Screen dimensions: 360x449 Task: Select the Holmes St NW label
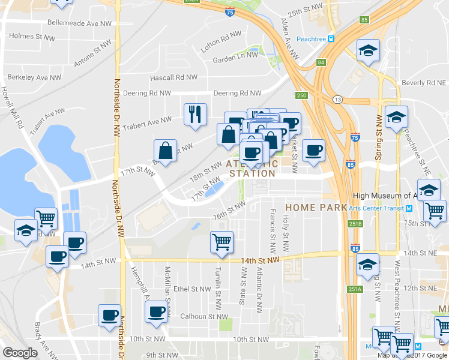pyautogui.click(x=33, y=36)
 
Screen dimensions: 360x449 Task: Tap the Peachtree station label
pyautogui.click(x=315, y=38)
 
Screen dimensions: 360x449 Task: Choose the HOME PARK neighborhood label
pyautogui.click(x=316, y=207)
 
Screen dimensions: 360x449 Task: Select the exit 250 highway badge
pyautogui.click(x=301, y=95)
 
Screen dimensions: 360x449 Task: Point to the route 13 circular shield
pyautogui.click(x=339, y=99)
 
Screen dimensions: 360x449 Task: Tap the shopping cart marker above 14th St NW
pyautogui.click(x=221, y=242)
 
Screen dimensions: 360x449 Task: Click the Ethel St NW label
pyautogui.click(x=192, y=289)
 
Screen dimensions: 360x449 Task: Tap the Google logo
pyautogui.click(x=20, y=353)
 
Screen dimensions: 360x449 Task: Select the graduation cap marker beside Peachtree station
pyautogui.click(x=369, y=50)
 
